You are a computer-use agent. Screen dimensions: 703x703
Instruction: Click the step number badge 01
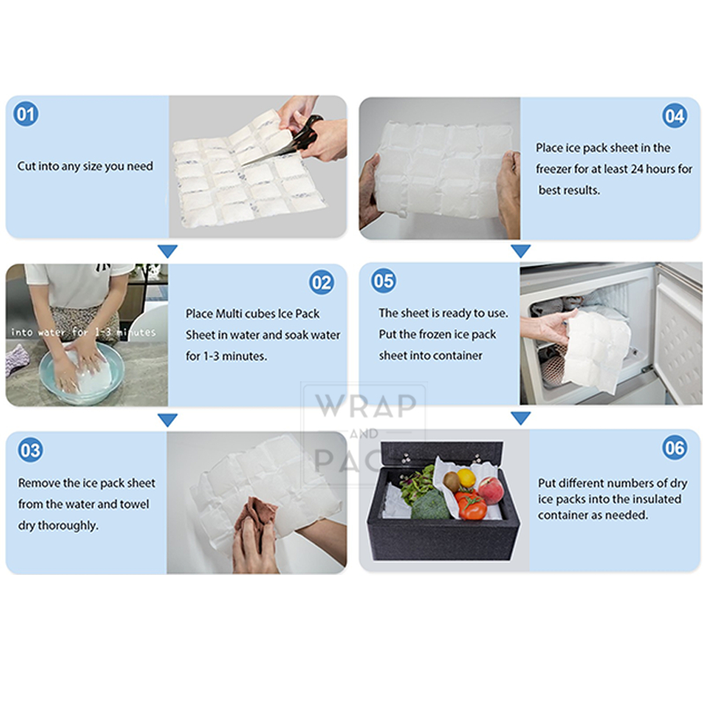pyautogui.click(x=26, y=114)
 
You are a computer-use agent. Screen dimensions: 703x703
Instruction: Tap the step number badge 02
pyautogui.click(x=322, y=283)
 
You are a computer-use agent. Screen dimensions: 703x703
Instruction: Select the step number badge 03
pyautogui.click(x=30, y=450)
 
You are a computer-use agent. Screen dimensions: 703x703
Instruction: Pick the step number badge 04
pyautogui.click(x=675, y=116)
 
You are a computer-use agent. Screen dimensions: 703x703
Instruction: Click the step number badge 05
pyautogui.click(x=384, y=280)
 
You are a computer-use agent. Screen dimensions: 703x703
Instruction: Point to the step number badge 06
pyautogui.click(x=675, y=448)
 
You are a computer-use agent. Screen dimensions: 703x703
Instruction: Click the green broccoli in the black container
pyautogui.click(x=430, y=505)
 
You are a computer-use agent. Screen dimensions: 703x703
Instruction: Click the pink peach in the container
pyautogui.click(x=491, y=490)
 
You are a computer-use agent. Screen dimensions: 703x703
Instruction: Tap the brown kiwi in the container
pyautogui.click(x=451, y=482)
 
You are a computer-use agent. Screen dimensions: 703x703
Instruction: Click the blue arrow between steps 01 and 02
pyautogui.click(x=168, y=251)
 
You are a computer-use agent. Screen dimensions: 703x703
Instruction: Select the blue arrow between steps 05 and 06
pyautogui.click(x=521, y=419)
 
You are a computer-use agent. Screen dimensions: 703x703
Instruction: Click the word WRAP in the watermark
pyautogui.click(x=366, y=405)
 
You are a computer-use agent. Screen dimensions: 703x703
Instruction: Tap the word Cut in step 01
pyautogui.click(x=27, y=166)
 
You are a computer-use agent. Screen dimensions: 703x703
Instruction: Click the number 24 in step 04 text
pyautogui.click(x=637, y=169)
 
